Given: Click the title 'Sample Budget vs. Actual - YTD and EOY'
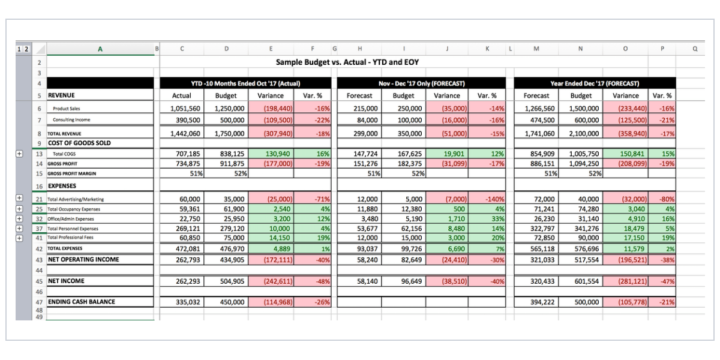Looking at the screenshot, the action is (347, 62).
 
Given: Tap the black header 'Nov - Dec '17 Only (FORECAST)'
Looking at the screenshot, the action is (421, 83).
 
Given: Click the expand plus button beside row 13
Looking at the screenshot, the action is (19, 154).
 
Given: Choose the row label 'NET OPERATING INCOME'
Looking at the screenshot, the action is (83, 259).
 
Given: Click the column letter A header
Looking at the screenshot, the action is (100, 49).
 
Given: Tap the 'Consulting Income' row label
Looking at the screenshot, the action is (71, 119).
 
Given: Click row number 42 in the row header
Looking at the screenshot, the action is (39, 249).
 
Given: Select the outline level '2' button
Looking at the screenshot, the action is (26, 49).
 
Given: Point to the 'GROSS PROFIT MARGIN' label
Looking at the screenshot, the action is (71, 173).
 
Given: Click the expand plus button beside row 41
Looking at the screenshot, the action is (19, 238).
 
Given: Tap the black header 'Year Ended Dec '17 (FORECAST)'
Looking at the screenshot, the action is (595, 83).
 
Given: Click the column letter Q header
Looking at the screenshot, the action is (695, 49).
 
